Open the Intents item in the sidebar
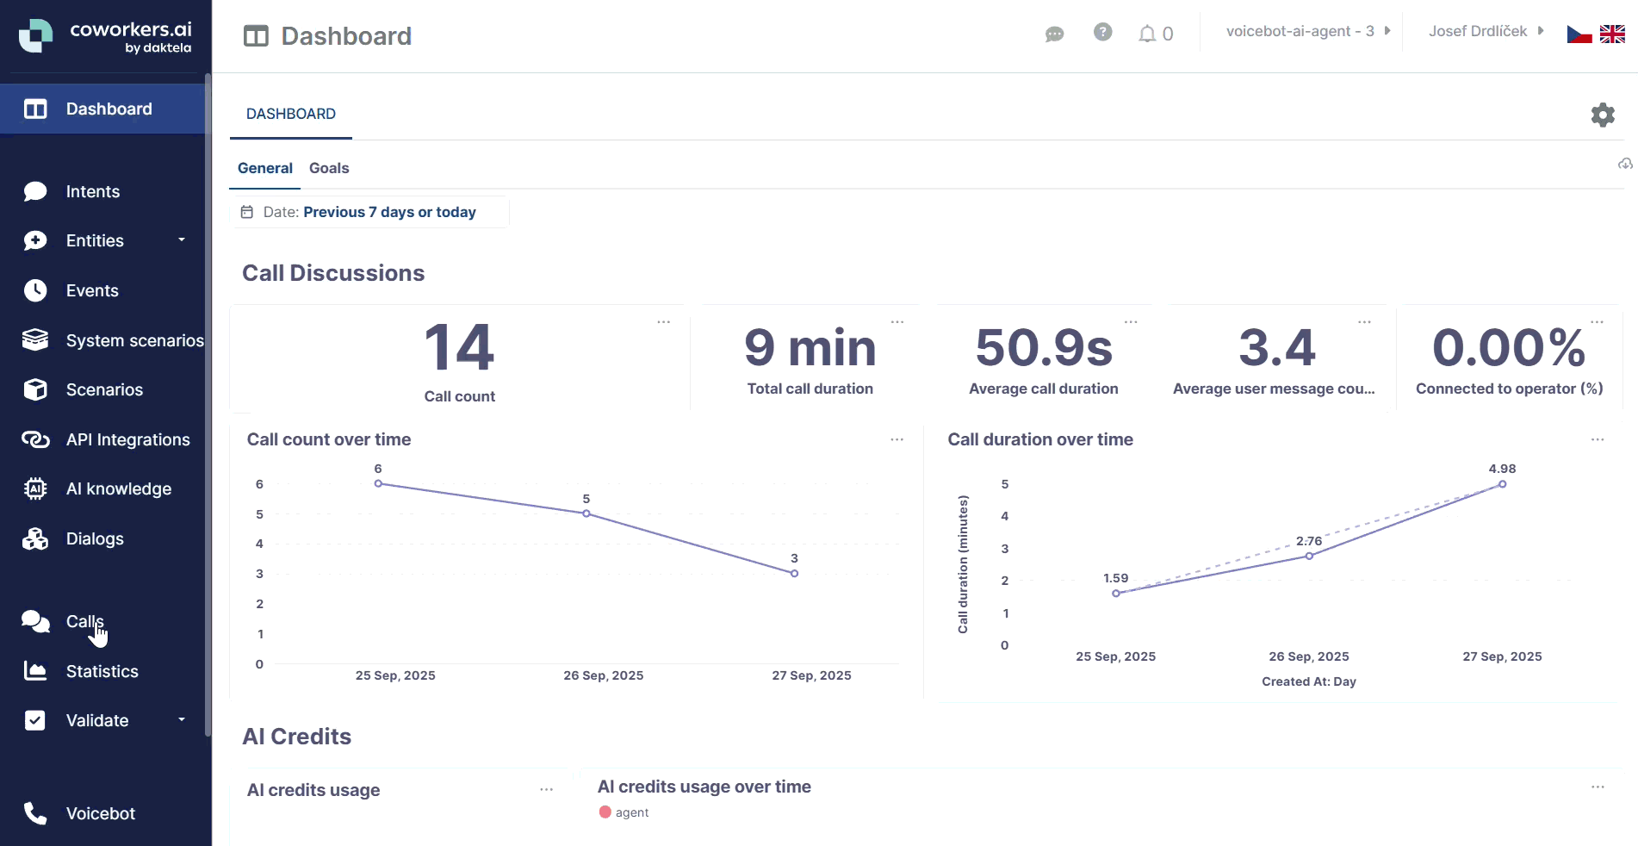pos(92,191)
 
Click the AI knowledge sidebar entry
pos(118,488)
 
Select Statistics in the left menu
pos(102,671)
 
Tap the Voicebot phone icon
pos(35,813)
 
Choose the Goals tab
pos(329,168)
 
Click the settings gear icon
pos(1602,115)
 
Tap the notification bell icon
pos(1147,34)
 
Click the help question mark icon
pos(1102,32)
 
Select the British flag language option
pos(1612,34)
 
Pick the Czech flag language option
pos(1579,34)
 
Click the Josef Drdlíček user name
pos(1478,31)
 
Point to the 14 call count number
pos(459,348)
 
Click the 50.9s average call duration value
pos(1044,348)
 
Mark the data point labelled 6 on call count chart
pos(378,483)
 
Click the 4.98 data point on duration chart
pos(1502,484)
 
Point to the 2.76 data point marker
pos(1309,556)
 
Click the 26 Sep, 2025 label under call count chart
pos(603,675)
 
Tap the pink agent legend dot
pos(605,812)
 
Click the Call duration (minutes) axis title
pos(963,564)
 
